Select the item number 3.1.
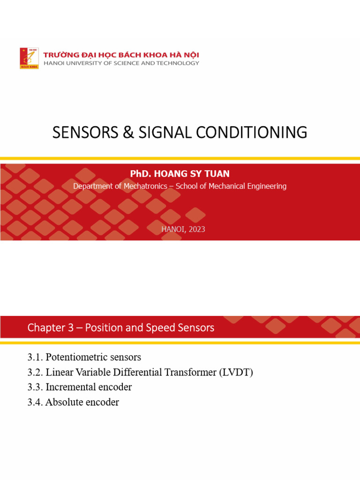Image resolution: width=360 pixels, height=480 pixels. tap(35, 357)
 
